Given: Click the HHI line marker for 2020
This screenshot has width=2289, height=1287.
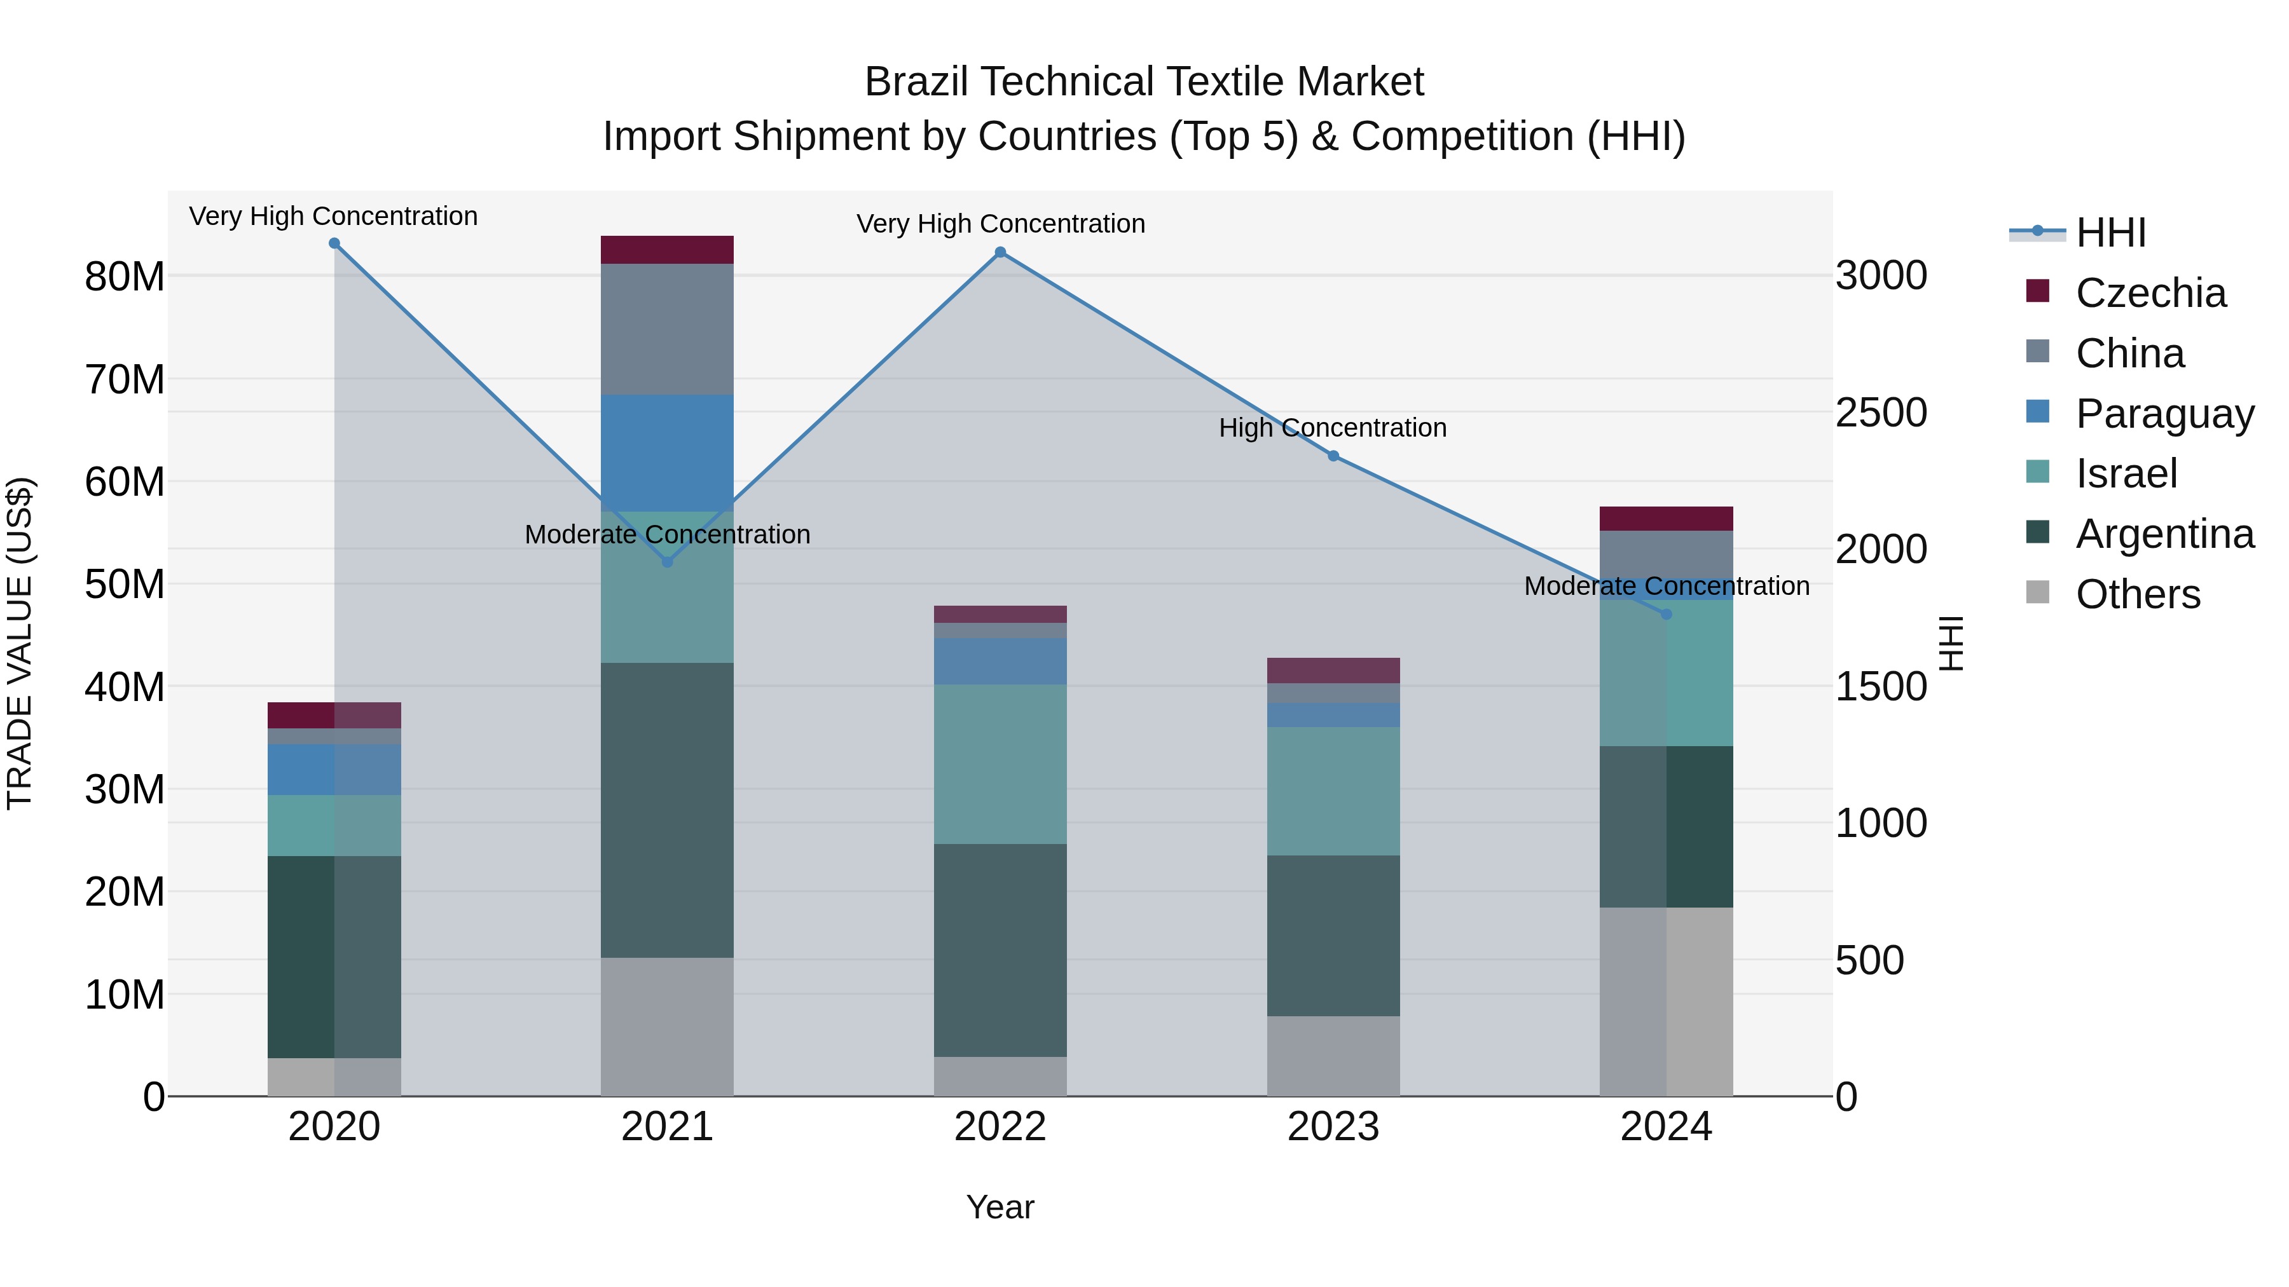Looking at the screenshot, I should tap(334, 243).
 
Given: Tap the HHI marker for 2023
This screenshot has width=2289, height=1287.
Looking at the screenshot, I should tap(1333, 456).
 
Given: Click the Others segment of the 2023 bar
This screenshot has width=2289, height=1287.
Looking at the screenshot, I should tap(1333, 1056).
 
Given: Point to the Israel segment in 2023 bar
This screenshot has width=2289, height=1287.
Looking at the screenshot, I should tap(1333, 791).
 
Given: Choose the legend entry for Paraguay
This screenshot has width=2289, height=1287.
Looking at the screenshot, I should tap(2164, 414).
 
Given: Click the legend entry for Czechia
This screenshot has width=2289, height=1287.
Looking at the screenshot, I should tap(2150, 293).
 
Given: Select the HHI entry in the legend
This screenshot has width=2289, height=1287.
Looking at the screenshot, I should tap(2110, 233).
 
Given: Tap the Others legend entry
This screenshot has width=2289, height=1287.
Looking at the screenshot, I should tap(2137, 594).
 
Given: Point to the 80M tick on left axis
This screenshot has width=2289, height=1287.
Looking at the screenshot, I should tap(125, 277).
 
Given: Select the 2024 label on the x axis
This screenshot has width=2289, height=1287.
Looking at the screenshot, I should tap(1666, 1127).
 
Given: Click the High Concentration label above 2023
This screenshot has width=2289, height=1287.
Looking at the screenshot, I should tap(1332, 428).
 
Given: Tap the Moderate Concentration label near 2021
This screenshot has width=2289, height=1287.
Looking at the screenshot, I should tap(668, 535).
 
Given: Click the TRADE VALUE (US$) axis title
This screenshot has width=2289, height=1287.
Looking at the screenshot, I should tap(20, 643).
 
